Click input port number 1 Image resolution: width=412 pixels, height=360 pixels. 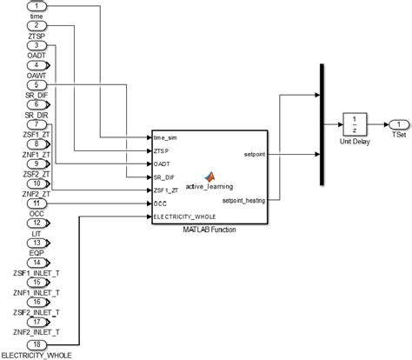coord(35,6)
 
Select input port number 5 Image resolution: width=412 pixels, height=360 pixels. coord(35,84)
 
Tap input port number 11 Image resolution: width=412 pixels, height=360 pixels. coord(35,203)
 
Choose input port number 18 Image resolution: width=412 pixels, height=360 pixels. coord(35,343)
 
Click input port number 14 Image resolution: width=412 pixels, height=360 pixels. coord(35,262)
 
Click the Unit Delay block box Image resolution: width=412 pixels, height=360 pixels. coord(356,124)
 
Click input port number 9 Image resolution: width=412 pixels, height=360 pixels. coord(35,163)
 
